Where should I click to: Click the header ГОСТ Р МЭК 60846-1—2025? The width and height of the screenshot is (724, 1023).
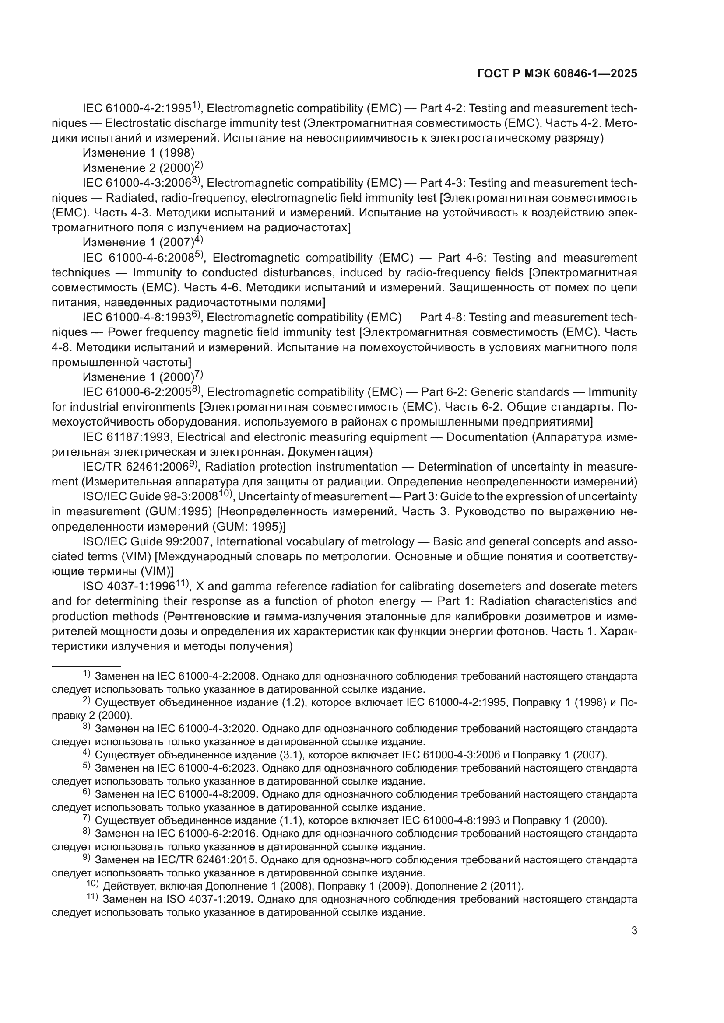click(x=557, y=74)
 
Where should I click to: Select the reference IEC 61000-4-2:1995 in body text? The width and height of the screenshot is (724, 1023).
click(x=137, y=108)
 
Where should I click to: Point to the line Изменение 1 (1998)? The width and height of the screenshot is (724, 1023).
click(x=139, y=153)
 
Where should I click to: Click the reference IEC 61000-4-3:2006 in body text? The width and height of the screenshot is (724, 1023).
click(x=137, y=183)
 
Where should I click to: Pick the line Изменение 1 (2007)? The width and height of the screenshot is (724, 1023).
click(x=139, y=243)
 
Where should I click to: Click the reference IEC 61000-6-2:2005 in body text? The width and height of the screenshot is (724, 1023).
click(x=137, y=392)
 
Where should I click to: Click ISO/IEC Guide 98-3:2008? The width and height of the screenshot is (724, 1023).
click(x=150, y=497)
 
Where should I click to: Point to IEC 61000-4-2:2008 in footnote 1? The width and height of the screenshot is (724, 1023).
click(x=207, y=676)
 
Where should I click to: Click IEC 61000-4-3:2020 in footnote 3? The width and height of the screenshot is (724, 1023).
click(x=207, y=729)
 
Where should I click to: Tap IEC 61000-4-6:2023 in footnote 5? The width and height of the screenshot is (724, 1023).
click(x=207, y=768)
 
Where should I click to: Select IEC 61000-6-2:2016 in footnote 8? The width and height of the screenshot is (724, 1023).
click(x=207, y=834)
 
